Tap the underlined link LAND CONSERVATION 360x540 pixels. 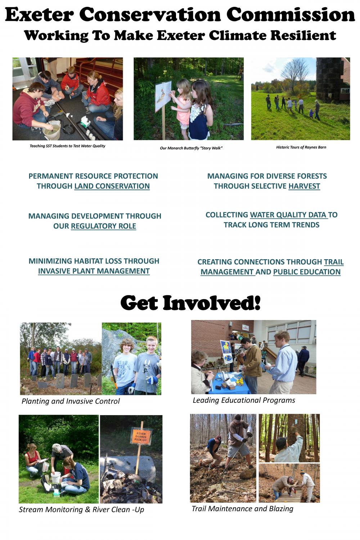pos(112,186)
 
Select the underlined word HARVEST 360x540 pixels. pos(304,186)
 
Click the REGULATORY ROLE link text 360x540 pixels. pos(103,226)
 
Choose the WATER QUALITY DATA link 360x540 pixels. pos(289,215)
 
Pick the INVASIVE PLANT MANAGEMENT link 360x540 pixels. pos(94,271)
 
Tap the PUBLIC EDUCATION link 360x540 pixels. pos(307,272)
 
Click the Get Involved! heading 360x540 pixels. pos(190,303)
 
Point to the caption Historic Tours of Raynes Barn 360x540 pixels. pos(301,147)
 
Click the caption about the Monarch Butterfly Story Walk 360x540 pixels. pos(191,148)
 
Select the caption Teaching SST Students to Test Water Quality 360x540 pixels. pos(68,146)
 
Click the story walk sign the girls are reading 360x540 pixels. pos(163,96)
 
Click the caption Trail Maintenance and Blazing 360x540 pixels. pos(242,509)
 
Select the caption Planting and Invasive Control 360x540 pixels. pos(71,401)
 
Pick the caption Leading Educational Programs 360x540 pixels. pos(244,400)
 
